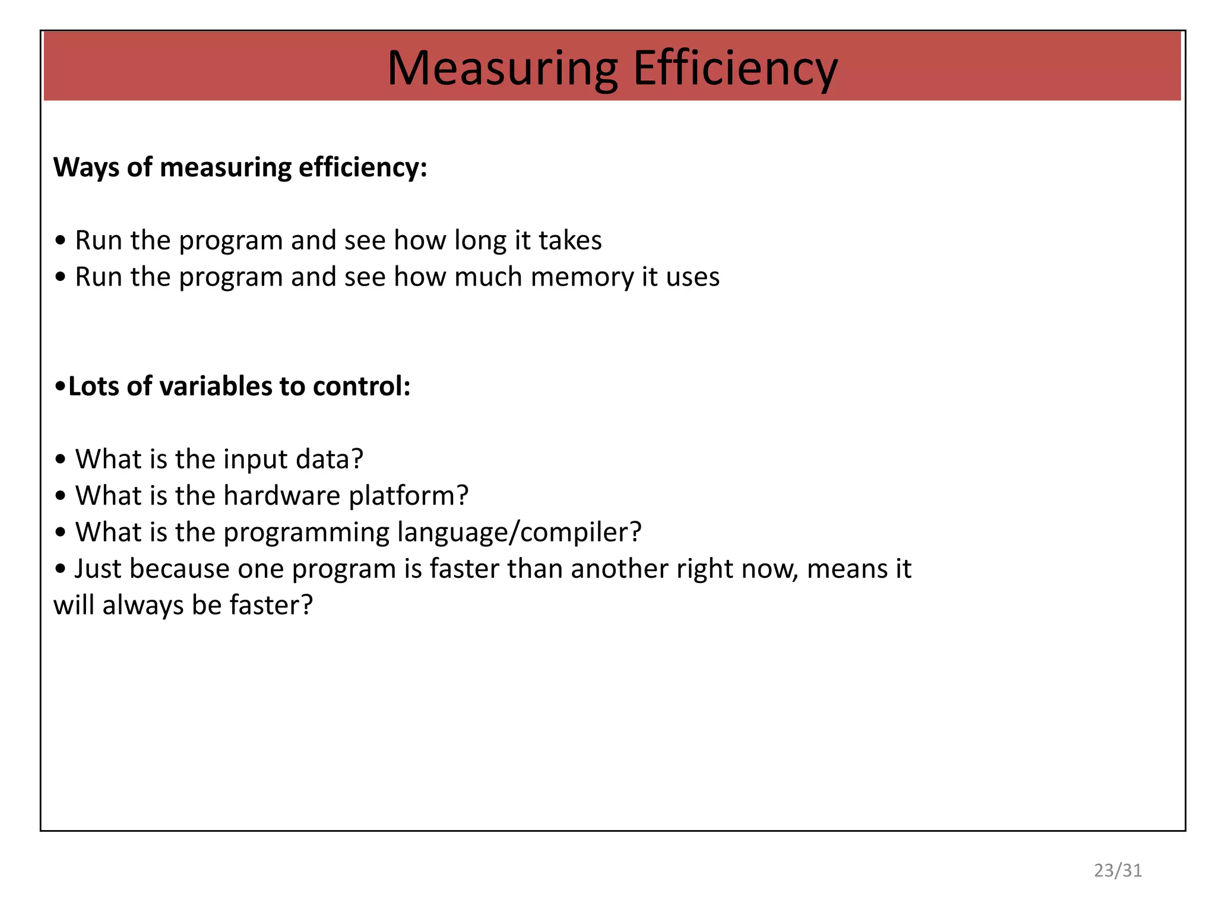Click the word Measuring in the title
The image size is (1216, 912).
coord(502,69)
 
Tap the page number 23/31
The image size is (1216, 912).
coord(1118,870)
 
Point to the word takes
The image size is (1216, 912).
coord(570,240)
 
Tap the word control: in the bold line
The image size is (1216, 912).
coord(362,387)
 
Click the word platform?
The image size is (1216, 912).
coord(409,496)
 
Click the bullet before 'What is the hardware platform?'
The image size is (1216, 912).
coord(60,496)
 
